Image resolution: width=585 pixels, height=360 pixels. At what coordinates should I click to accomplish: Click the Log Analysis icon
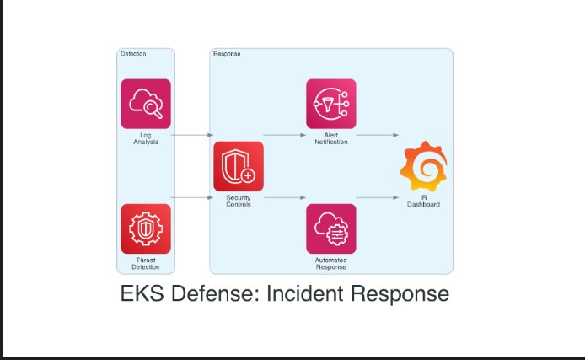point(146,104)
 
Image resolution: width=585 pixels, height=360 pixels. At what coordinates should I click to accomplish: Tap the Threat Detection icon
point(146,228)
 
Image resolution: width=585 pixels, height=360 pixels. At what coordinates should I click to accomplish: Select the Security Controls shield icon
point(239,166)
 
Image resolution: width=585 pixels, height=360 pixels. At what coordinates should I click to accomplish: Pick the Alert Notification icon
point(331,104)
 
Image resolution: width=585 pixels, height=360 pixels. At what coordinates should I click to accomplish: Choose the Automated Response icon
point(331,228)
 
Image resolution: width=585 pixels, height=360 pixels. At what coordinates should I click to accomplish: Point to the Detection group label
point(133,54)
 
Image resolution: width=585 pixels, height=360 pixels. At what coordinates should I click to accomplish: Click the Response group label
point(227,54)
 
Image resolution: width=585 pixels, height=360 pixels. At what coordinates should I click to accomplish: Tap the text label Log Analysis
point(146,138)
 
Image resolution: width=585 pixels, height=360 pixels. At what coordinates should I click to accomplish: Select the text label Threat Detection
point(146,264)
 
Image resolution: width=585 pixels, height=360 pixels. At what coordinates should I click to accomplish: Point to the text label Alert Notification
point(331,138)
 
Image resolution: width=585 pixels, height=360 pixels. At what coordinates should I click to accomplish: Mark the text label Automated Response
point(331,264)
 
